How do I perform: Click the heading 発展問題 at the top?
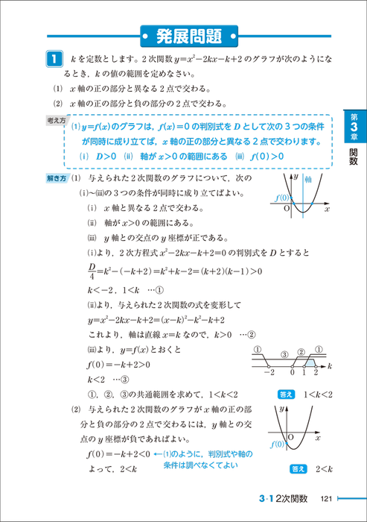[x=188, y=34]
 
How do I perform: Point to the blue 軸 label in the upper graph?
[x=306, y=180]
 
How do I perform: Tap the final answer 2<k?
[x=322, y=468]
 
